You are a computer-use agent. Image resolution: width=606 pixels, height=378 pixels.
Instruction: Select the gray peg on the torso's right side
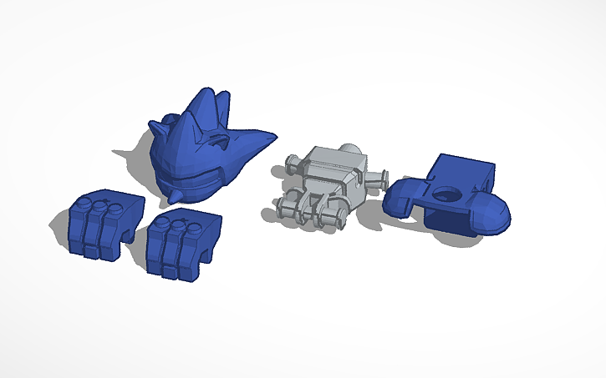click(x=380, y=177)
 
